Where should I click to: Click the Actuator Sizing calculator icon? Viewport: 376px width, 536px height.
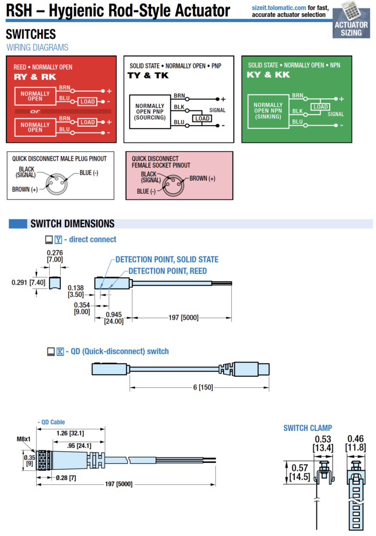click(x=351, y=11)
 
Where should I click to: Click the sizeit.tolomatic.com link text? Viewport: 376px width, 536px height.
click(x=279, y=7)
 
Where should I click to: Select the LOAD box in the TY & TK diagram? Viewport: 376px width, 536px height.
click(x=202, y=118)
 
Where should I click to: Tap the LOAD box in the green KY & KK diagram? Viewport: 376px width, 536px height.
click(x=321, y=107)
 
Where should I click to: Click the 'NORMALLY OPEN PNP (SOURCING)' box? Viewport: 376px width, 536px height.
click(x=150, y=112)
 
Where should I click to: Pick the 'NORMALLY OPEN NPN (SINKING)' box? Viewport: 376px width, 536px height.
click(x=268, y=111)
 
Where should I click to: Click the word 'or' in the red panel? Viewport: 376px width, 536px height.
click(x=35, y=111)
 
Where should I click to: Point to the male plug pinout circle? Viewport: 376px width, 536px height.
click(x=56, y=185)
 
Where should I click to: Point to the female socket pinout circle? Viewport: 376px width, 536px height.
click(x=174, y=185)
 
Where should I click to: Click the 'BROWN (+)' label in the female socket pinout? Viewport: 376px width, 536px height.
click(x=202, y=178)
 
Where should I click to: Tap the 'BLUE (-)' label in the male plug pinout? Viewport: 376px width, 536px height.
click(x=89, y=173)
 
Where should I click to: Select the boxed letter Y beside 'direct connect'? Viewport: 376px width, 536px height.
click(x=59, y=240)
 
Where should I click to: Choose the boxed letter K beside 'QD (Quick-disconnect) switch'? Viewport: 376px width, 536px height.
click(x=60, y=351)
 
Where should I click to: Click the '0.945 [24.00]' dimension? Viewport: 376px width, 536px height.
click(x=113, y=318)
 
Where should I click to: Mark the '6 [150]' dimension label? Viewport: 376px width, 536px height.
click(x=203, y=387)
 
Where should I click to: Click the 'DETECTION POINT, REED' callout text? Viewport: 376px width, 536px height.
click(x=168, y=271)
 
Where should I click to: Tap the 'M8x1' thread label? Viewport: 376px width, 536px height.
click(x=24, y=439)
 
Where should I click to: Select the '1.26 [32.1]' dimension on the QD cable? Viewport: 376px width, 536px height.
click(x=70, y=433)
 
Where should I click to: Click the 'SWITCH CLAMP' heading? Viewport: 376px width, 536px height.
click(x=307, y=428)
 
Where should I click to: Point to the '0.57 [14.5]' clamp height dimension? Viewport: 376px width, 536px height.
click(x=300, y=472)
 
